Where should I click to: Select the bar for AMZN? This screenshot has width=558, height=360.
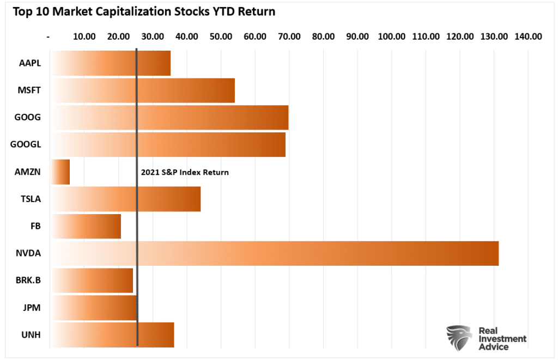point(60,172)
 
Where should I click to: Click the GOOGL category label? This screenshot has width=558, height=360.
point(26,145)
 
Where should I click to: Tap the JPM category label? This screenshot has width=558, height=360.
point(29,308)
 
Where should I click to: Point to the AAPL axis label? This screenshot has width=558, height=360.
point(29,63)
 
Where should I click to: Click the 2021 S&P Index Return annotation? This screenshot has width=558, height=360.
point(185,173)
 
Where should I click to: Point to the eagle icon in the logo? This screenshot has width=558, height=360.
point(458,338)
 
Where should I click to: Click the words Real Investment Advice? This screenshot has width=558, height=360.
point(502,339)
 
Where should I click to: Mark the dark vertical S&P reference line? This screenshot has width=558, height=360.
point(137,218)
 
